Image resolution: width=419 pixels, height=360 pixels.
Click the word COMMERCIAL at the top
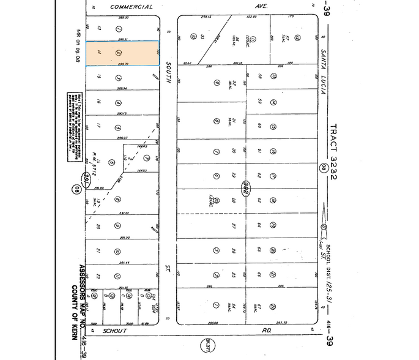click(132, 7)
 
